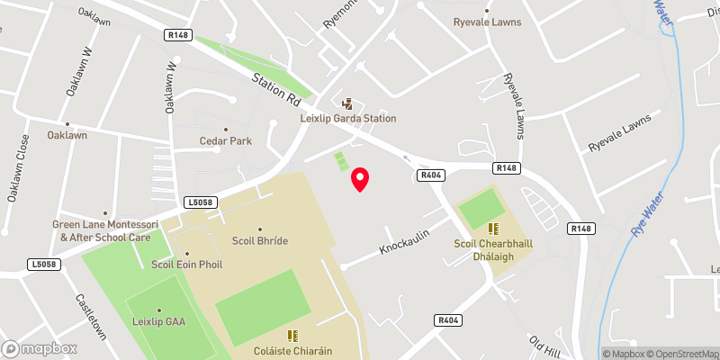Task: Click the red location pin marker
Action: [360, 179]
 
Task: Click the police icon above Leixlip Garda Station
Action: [347, 103]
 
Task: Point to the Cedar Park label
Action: [225, 141]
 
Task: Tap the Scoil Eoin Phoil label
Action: [186, 265]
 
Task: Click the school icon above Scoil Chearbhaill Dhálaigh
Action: [493, 229]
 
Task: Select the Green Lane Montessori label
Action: [101, 230]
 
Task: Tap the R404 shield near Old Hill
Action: [447, 319]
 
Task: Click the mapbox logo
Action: [39, 348]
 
